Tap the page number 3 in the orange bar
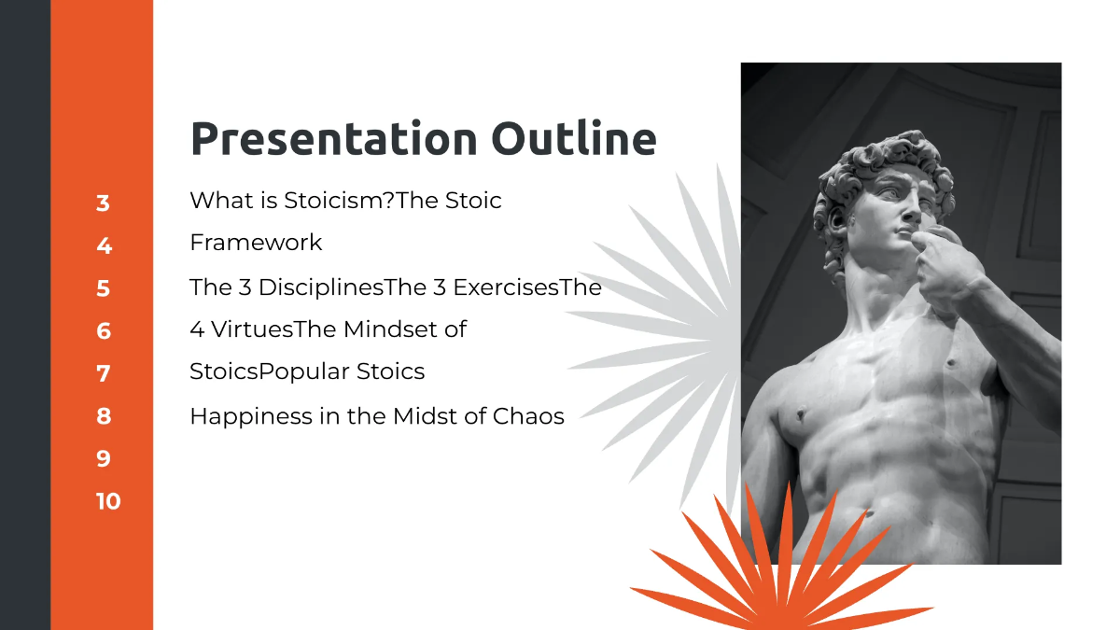coord(103,203)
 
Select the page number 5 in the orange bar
coord(103,288)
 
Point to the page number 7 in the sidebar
coord(103,373)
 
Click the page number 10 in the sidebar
coord(107,501)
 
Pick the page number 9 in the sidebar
coord(103,458)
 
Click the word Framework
coord(256,243)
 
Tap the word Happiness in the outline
coord(238,416)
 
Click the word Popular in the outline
coord(293,371)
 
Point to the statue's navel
coord(869,512)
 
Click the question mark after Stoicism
coord(389,200)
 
